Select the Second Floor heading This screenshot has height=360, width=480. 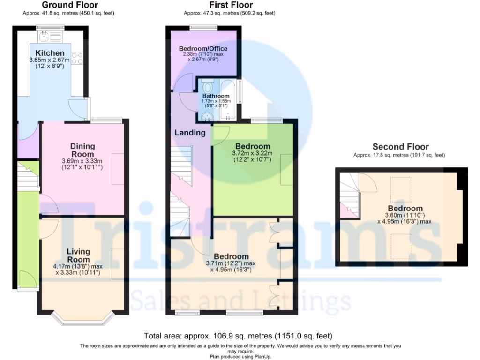point(400,147)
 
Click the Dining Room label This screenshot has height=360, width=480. point(82,150)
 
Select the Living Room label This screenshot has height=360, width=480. point(78,255)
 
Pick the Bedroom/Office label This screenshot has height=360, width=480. point(203,49)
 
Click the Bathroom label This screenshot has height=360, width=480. point(216,96)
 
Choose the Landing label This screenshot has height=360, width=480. point(190,133)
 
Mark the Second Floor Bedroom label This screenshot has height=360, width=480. point(405,208)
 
